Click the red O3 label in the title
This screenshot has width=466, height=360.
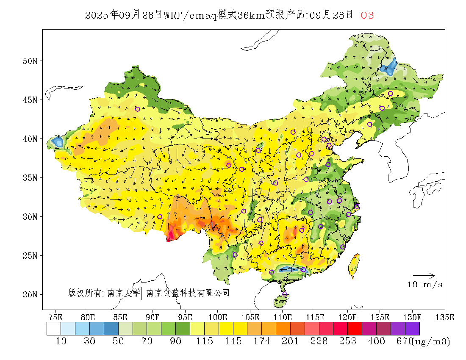pos(367,16)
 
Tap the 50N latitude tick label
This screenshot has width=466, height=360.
pos(30,61)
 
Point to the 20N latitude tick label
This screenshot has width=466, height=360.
pos(30,294)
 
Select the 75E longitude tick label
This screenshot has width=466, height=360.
pos(55,317)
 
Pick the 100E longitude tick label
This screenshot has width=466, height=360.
pos(218,317)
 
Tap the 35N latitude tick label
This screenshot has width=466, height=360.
pos(30,177)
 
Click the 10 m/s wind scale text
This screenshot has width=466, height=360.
pos(425,285)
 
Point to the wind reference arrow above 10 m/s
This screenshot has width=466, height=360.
pos(424,276)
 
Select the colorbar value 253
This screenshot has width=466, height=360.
pos(348,341)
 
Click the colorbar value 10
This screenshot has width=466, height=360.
pos(61,341)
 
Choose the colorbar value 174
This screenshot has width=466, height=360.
pos(262,341)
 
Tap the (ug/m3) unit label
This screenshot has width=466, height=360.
pos(430,341)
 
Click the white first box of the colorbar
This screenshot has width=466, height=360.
pos(54,329)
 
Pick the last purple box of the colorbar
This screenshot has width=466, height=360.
pos(412,329)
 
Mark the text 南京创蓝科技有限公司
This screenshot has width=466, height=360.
pos(188,293)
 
